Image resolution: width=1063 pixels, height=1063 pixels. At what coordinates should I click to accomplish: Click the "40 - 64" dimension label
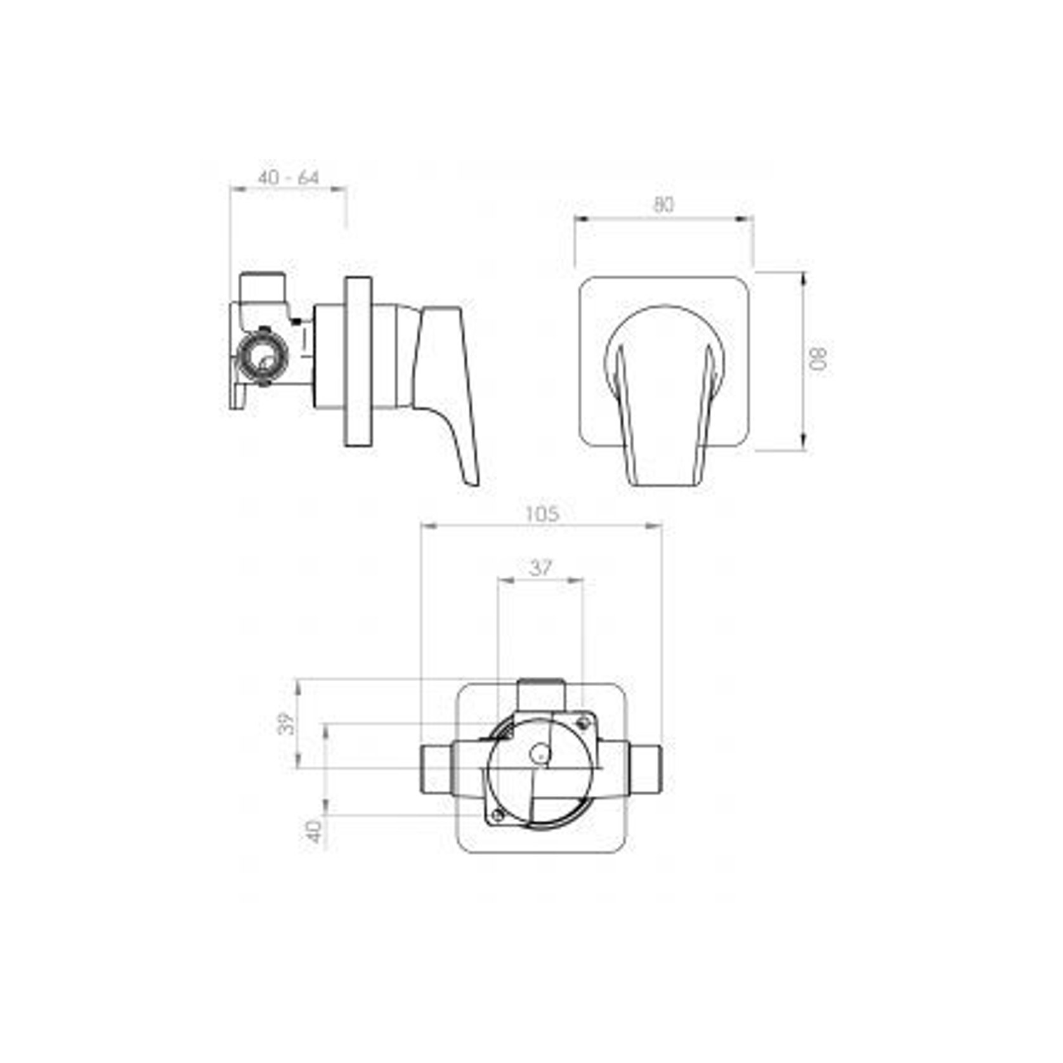click(288, 178)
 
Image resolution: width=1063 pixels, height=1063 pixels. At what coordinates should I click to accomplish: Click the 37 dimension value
click(540, 568)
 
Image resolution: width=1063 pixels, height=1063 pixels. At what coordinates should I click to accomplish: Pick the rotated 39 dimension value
click(288, 724)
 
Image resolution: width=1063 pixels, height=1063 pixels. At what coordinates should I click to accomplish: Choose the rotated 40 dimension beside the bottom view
click(315, 831)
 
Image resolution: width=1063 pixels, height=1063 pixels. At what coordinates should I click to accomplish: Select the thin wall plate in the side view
click(358, 362)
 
